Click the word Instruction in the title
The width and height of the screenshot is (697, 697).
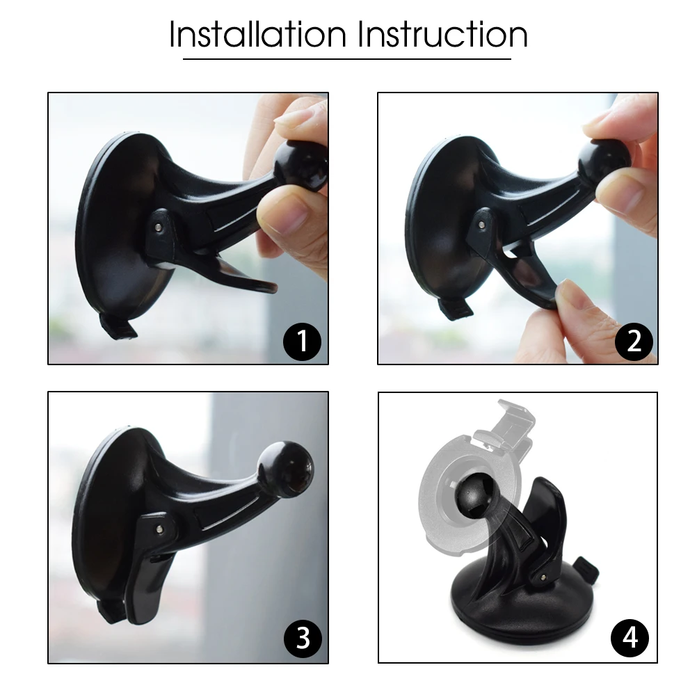click(x=443, y=34)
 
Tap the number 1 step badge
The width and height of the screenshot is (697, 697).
click(x=303, y=342)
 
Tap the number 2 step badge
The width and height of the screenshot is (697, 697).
click(x=634, y=342)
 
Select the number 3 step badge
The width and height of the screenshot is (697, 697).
click(x=303, y=638)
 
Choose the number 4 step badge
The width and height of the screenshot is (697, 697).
click(x=630, y=638)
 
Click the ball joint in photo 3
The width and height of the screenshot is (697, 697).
click(x=285, y=470)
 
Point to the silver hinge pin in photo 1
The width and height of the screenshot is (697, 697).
click(x=159, y=227)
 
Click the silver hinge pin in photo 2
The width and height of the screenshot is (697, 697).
click(x=483, y=225)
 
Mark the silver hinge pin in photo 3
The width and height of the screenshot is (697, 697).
click(x=159, y=529)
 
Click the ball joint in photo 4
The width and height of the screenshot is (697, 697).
click(x=477, y=494)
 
